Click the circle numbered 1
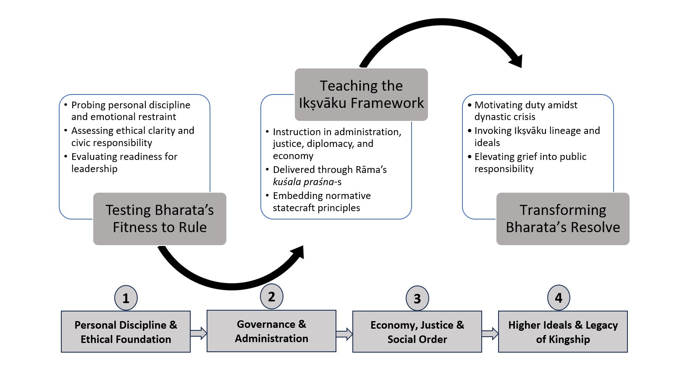(x=126, y=298)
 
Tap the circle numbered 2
(x=272, y=297)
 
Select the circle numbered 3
(x=417, y=298)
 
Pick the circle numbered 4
(x=559, y=298)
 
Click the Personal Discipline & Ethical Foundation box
(x=126, y=332)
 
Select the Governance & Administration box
(x=271, y=331)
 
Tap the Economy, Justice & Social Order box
(x=417, y=332)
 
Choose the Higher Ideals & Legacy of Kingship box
(x=563, y=332)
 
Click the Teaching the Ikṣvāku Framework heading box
(x=361, y=94)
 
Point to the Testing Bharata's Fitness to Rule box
(x=160, y=219)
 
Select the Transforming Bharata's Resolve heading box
(x=563, y=219)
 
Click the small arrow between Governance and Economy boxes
(x=344, y=334)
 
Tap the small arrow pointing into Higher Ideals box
(x=490, y=334)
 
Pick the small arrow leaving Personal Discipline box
(x=199, y=333)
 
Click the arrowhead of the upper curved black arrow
(x=517, y=61)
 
